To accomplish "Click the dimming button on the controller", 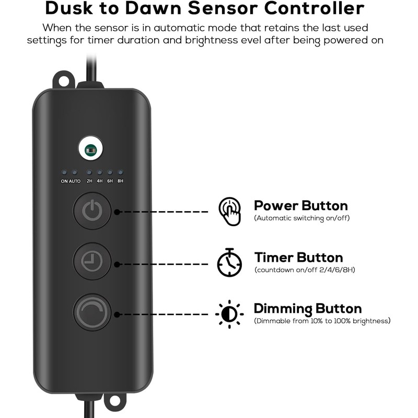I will pos(92,312).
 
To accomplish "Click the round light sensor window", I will pos(91,149).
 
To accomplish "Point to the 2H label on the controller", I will pos(89,181).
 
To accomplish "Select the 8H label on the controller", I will pos(120,181).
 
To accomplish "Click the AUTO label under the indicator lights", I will pos(74,181).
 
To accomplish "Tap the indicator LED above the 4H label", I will pos(99,172).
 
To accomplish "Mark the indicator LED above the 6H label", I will pos(110,172).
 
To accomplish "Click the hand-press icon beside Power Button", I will pos(230,211).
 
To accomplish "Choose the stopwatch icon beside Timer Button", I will pos(230,262).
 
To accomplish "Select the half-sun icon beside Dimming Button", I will pos(230,313).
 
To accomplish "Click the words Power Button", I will pos(300,205).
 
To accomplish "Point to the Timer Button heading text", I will pos(298,258).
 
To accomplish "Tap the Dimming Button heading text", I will pos(307,308).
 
